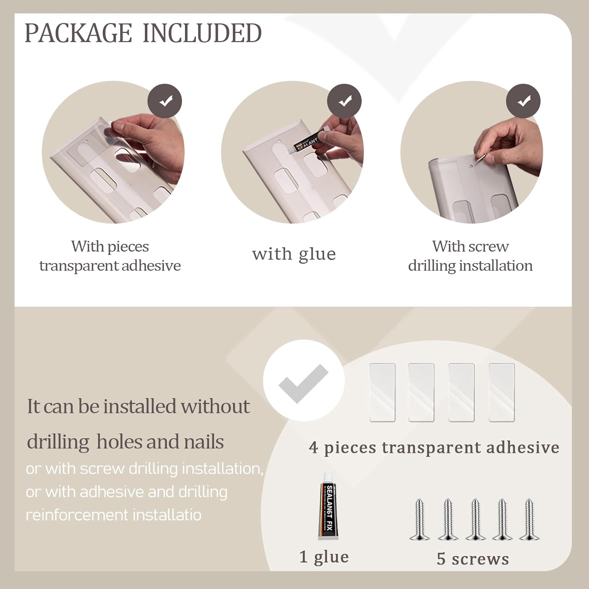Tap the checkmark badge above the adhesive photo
click(x=165, y=101)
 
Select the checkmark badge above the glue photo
click(x=344, y=101)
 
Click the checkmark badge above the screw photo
click(x=523, y=101)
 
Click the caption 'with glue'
click(x=294, y=254)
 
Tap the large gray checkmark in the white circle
click(x=303, y=383)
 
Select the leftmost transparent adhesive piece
click(x=382, y=393)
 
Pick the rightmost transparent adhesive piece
click(x=501, y=393)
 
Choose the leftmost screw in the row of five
click(x=419, y=519)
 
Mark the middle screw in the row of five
click(x=476, y=519)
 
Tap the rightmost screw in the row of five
click(x=529, y=519)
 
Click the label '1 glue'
click(x=324, y=557)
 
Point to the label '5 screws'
click(x=473, y=559)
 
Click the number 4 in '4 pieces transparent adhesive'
click(x=313, y=447)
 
